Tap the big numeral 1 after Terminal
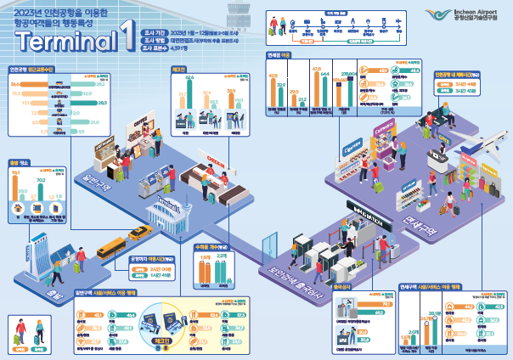[125, 39]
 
